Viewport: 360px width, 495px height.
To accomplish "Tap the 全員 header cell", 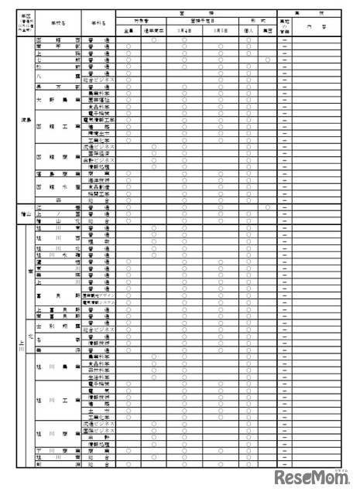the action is click(x=129, y=30).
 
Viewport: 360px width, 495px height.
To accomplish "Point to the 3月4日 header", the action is click(x=184, y=30).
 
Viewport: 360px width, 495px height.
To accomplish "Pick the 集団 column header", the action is click(x=267, y=30).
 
